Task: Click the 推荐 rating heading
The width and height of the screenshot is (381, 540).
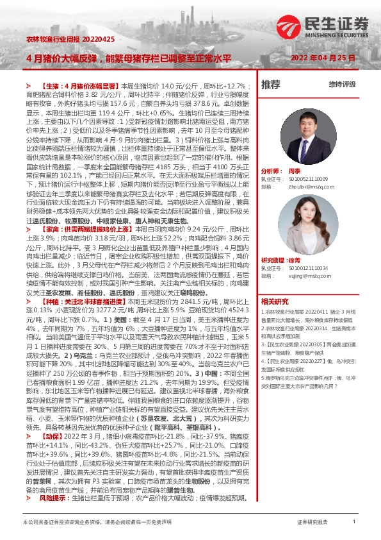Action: (271, 84)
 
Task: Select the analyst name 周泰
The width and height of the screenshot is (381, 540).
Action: (295, 172)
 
